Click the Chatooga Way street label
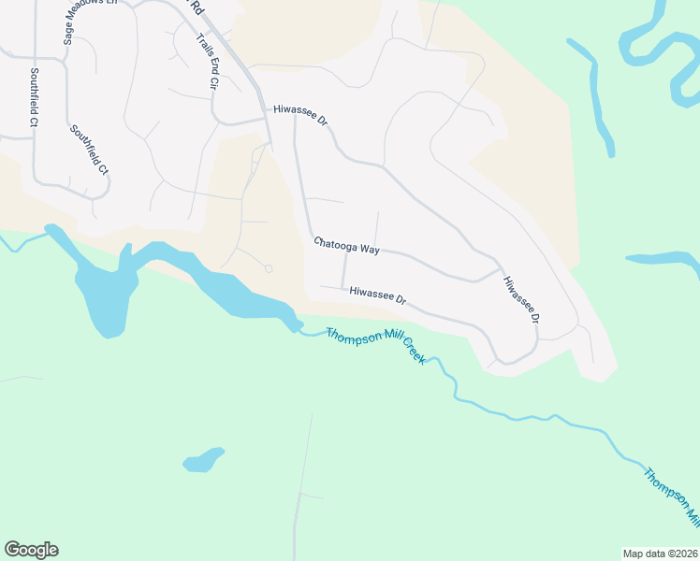[x=346, y=246]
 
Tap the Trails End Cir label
[x=206, y=61]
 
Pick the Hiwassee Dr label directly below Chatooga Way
[x=378, y=295]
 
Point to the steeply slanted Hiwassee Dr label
[x=522, y=300]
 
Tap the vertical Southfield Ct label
[x=34, y=96]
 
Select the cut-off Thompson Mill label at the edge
[x=672, y=496]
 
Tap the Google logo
[x=31, y=550]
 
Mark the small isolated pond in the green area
[x=204, y=460]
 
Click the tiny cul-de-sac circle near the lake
[x=269, y=268]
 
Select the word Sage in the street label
[x=68, y=35]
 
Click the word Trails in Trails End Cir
[x=201, y=47]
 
